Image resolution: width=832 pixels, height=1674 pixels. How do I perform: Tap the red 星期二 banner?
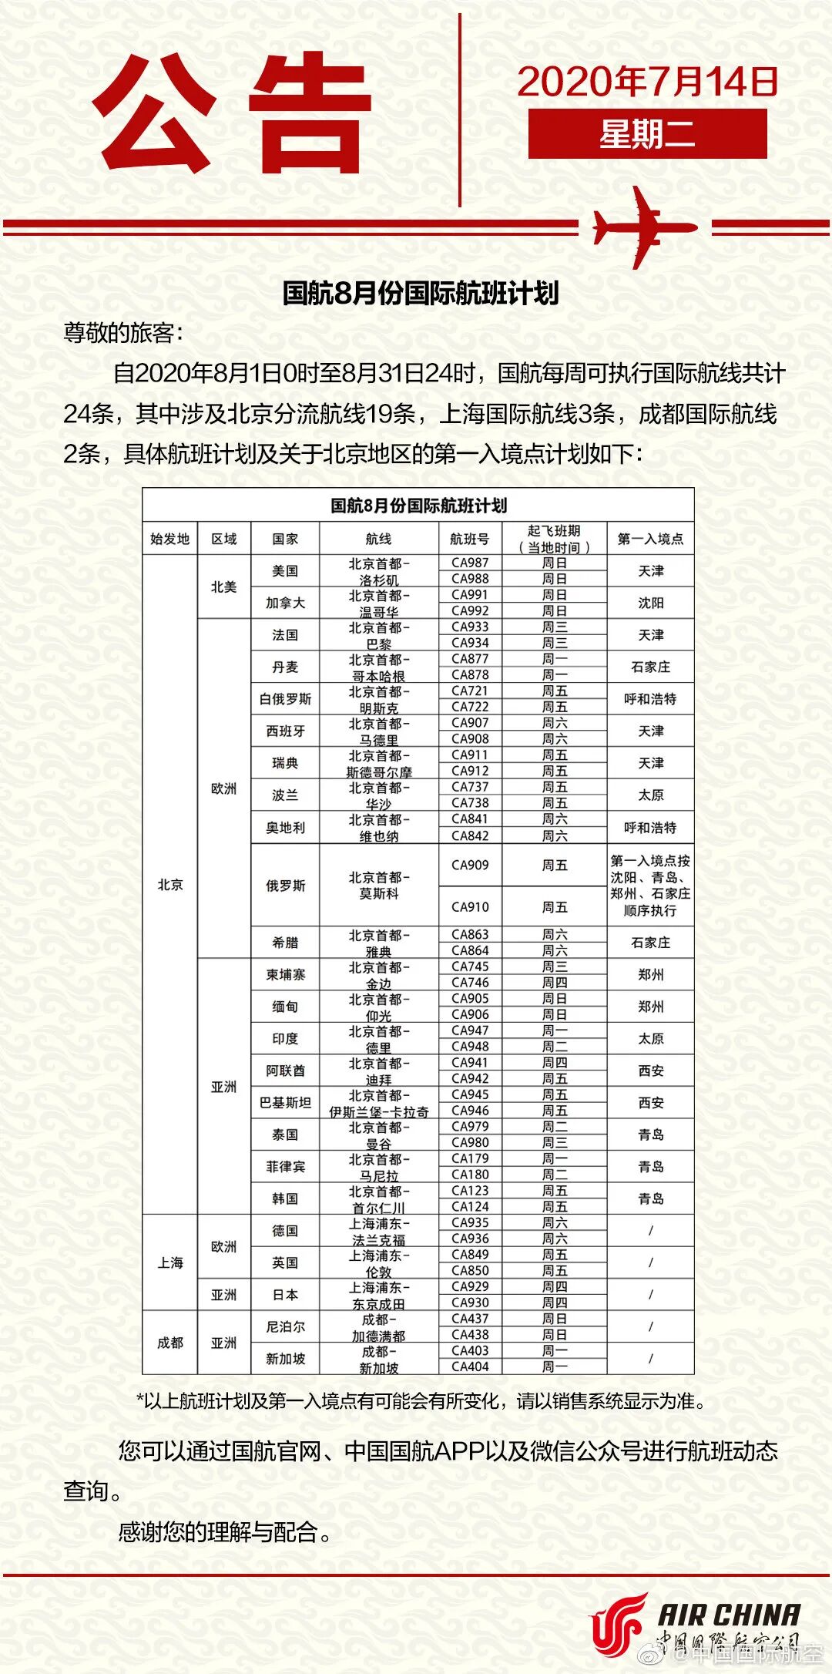pyautogui.click(x=647, y=134)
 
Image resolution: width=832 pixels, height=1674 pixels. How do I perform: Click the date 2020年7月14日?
pyautogui.click(x=647, y=82)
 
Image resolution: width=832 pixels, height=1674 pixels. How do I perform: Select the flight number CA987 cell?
pyautogui.click(x=470, y=563)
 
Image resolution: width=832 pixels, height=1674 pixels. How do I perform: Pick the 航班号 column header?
pyautogui.click(x=470, y=539)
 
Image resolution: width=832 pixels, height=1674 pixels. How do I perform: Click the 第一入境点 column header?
pyautogui.click(x=650, y=539)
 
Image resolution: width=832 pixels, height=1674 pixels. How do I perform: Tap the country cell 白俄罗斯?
pyautogui.click(x=285, y=699)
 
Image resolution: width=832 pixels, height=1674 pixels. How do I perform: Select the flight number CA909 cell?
pyautogui.click(x=470, y=865)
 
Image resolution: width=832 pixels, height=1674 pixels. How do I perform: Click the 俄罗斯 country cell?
pyautogui.click(x=285, y=886)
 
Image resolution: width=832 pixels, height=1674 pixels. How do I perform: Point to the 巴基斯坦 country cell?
pyautogui.click(x=285, y=1103)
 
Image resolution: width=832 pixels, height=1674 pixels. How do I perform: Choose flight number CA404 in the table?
pyautogui.click(x=470, y=1366)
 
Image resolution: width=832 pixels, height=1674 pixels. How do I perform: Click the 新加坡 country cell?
pyautogui.click(x=285, y=1359)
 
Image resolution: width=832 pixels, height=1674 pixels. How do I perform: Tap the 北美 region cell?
pyautogui.click(x=223, y=587)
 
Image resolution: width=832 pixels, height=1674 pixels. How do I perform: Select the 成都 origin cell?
pyautogui.click(x=170, y=1343)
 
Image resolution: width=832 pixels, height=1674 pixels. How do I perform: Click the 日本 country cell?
pyautogui.click(x=285, y=1295)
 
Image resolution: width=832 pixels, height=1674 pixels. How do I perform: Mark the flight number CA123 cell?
pyautogui.click(x=470, y=1191)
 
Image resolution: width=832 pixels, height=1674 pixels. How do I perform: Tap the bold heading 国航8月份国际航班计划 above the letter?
pyautogui.click(x=420, y=293)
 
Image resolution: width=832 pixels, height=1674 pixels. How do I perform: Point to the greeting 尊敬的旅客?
pyautogui.click(x=123, y=333)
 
